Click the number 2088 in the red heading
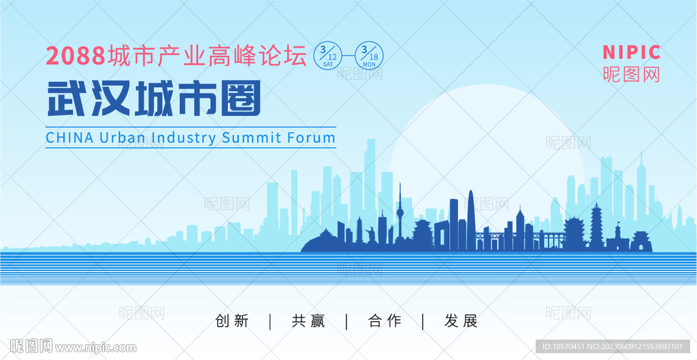[76, 56]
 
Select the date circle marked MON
[370, 55]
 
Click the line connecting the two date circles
[348, 55]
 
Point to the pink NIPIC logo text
[631, 52]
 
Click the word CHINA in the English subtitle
[69, 137]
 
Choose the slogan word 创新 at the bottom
[231, 321]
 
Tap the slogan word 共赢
[308, 321]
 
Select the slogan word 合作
[385, 321]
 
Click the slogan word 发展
[461, 321]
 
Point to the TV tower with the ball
[400, 211]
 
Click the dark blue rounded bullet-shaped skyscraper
[470, 218]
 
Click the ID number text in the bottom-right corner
[613, 346]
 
